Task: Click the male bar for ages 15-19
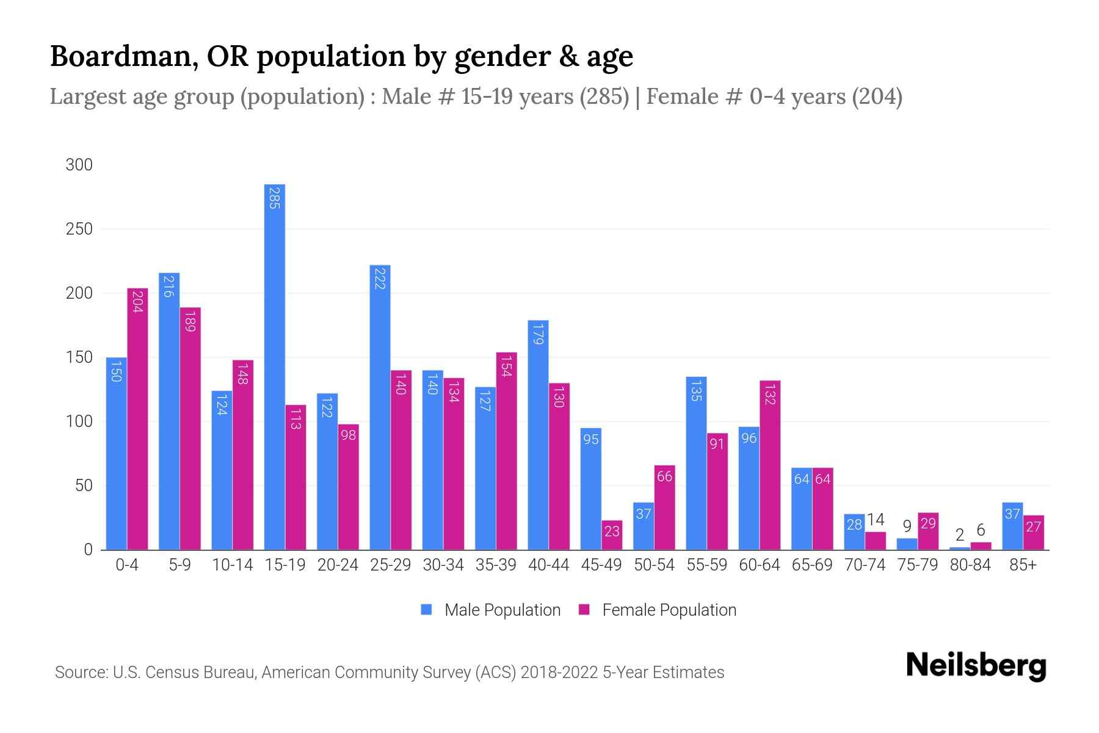click(x=275, y=366)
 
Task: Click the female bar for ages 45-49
click(x=612, y=535)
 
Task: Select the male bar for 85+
click(x=1012, y=526)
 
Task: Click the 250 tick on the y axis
click(x=79, y=229)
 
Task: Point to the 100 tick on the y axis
click(x=79, y=421)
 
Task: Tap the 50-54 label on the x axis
click(x=654, y=565)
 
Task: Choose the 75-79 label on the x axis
click(x=918, y=565)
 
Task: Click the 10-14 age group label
click(x=232, y=565)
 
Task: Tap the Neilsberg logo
click(x=976, y=666)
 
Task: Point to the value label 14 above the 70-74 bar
click(x=876, y=520)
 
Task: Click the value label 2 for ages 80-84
click(x=959, y=535)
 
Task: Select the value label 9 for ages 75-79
click(x=907, y=526)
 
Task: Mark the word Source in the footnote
click(x=80, y=673)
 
